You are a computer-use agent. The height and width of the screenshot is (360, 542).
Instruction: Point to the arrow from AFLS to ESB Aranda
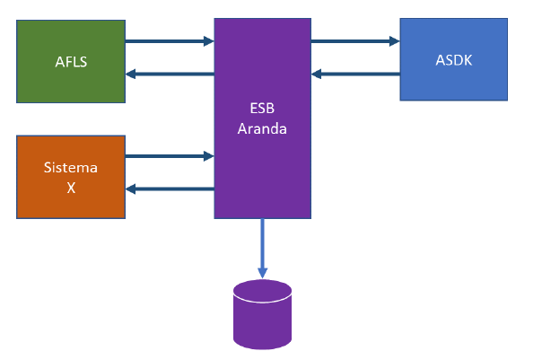click(169, 40)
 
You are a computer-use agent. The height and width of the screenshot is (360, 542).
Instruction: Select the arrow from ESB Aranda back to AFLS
click(169, 74)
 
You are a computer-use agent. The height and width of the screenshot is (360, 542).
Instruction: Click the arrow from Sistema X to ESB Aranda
click(169, 156)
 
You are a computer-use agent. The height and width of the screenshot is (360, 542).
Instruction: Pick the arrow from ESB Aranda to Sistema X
click(169, 189)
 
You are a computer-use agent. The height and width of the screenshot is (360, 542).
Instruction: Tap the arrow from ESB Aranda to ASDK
click(355, 40)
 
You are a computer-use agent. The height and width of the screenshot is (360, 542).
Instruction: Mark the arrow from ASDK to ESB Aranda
click(355, 74)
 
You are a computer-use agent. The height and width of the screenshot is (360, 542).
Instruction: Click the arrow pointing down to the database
click(262, 247)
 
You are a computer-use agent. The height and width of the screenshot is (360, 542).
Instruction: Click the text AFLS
click(71, 62)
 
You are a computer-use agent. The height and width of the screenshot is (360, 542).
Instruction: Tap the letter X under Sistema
click(71, 188)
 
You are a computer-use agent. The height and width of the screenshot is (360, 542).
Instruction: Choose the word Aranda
click(262, 128)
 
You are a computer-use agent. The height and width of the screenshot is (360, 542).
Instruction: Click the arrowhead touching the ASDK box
click(394, 40)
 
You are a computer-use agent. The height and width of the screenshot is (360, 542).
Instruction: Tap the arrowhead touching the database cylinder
click(262, 273)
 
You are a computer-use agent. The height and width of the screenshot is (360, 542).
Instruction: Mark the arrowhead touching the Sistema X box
click(130, 189)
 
